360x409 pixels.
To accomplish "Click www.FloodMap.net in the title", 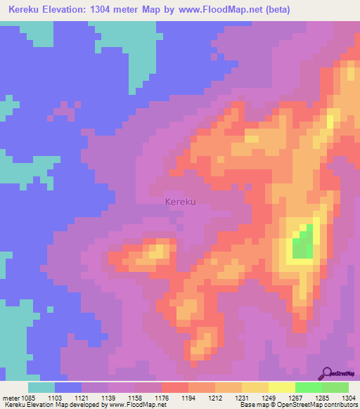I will pyautogui.click(x=217, y=10).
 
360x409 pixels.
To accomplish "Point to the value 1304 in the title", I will pyautogui.click(x=114, y=10).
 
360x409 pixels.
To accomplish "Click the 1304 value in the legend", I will pyautogui.click(x=349, y=397).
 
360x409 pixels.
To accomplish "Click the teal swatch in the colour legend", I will pyautogui.click(x=41, y=387).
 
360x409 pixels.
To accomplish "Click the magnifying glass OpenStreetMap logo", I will pyautogui.click(x=327, y=372).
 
